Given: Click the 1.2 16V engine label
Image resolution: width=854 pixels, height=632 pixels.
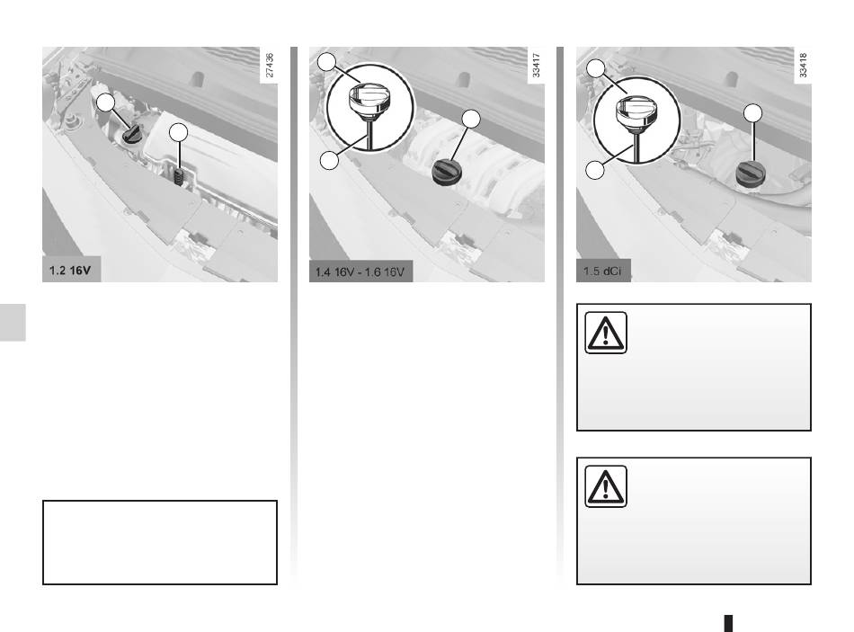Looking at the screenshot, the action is (x=70, y=271).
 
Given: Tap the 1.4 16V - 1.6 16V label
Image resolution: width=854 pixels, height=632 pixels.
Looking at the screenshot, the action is (x=360, y=271).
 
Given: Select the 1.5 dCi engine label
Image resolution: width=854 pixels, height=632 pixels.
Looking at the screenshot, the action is (x=601, y=271).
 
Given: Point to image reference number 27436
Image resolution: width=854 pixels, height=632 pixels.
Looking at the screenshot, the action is (x=269, y=66).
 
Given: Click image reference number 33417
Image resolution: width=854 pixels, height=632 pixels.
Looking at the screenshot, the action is (x=536, y=66).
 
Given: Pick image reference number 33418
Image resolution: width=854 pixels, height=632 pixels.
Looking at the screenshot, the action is (x=803, y=66).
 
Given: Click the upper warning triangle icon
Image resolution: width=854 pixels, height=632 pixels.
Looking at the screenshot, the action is (x=606, y=333).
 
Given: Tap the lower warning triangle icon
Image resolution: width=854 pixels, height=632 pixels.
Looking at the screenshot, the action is (x=606, y=486).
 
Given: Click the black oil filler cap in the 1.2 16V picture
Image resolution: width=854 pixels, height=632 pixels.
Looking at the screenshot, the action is (x=132, y=133).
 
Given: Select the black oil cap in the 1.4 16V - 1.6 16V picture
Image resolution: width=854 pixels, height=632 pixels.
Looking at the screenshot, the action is (x=447, y=173).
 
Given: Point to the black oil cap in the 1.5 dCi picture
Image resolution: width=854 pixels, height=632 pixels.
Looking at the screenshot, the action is (x=751, y=174).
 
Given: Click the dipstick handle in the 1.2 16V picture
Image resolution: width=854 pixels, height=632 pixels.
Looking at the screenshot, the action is (x=179, y=176).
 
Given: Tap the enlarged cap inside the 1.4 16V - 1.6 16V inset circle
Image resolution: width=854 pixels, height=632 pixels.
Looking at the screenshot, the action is (x=369, y=99).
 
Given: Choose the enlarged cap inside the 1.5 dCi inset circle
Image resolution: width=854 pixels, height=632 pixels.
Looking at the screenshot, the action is (x=637, y=112).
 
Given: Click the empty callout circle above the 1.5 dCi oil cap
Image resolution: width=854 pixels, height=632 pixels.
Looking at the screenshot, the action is (x=752, y=112).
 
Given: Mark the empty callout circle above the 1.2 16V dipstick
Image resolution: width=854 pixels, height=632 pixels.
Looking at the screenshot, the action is (x=178, y=132).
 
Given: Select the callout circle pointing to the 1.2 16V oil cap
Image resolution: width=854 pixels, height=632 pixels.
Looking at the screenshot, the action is (x=106, y=102).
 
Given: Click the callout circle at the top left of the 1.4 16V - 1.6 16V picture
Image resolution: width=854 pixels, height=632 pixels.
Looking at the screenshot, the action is (x=327, y=61).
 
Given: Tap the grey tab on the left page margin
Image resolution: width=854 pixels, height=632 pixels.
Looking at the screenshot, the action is (x=13, y=322).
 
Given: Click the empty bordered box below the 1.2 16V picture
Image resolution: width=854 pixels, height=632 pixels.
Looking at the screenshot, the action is (x=160, y=543).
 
